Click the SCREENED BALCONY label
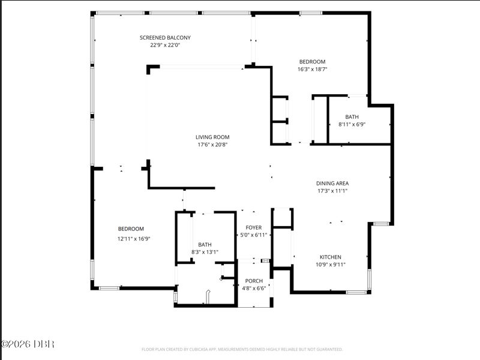point(165,38)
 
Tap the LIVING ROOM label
point(212,137)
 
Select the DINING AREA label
point(332,184)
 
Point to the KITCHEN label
point(331,257)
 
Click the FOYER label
point(254,228)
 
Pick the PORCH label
point(254,281)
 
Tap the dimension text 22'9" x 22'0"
point(166,46)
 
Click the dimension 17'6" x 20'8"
point(212,145)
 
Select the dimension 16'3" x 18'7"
point(312,69)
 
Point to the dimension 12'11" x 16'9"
point(134,239)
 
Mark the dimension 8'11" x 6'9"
point(352,125)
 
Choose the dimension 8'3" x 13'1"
point(205,252)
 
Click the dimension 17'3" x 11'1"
point(332,191)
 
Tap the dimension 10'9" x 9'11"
point(331,265)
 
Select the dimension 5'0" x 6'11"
point(254,235)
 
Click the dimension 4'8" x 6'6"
point(254,289)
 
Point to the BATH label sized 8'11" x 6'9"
point(352,117)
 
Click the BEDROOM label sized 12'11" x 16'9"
point(131,229)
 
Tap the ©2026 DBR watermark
point(28,344)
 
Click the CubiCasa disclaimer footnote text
point(242,349)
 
